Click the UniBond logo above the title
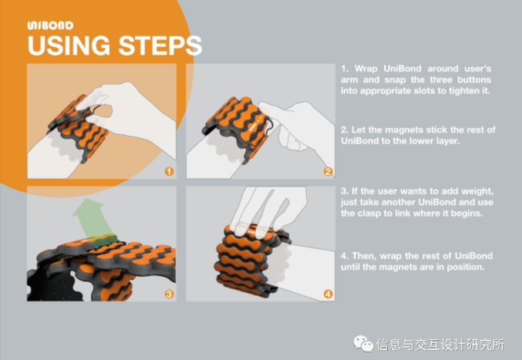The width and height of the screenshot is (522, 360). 50,25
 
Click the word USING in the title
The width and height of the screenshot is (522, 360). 69,45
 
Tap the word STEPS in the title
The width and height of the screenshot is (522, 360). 160,45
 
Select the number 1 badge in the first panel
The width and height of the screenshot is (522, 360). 169,171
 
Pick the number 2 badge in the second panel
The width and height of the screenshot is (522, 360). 328,171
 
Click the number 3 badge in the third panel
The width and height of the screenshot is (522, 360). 169,294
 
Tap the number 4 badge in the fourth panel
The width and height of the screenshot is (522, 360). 328,294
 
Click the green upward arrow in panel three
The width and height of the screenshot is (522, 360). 93,220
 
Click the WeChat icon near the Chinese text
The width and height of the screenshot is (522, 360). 363,344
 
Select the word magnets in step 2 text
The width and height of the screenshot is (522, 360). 404,130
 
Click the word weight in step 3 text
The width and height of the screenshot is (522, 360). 477,191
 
